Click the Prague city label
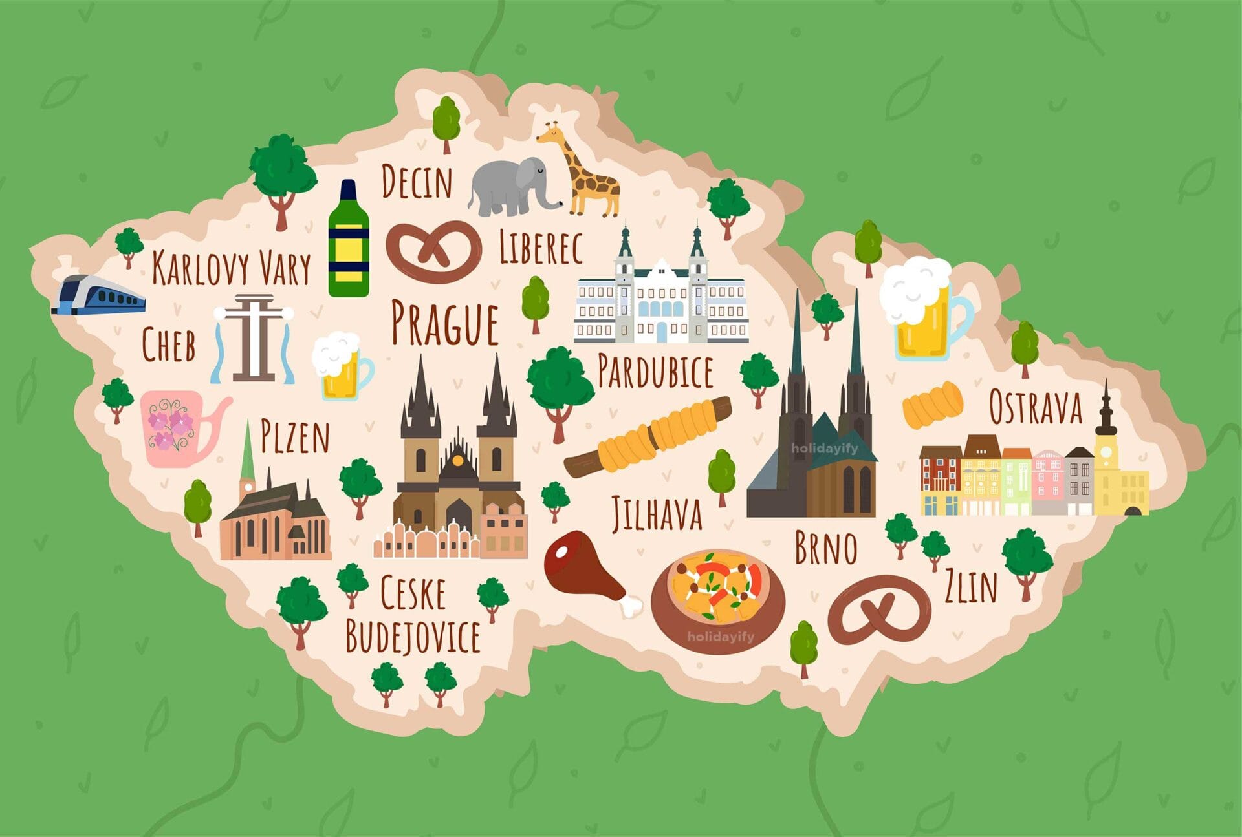(445, 323)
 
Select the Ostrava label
(1035, 407)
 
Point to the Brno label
(825, 548)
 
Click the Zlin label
(971, 586)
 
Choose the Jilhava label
(657, 514)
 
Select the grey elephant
(511, 186)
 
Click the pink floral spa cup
(178, 427)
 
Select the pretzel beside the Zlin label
(880, 611)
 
